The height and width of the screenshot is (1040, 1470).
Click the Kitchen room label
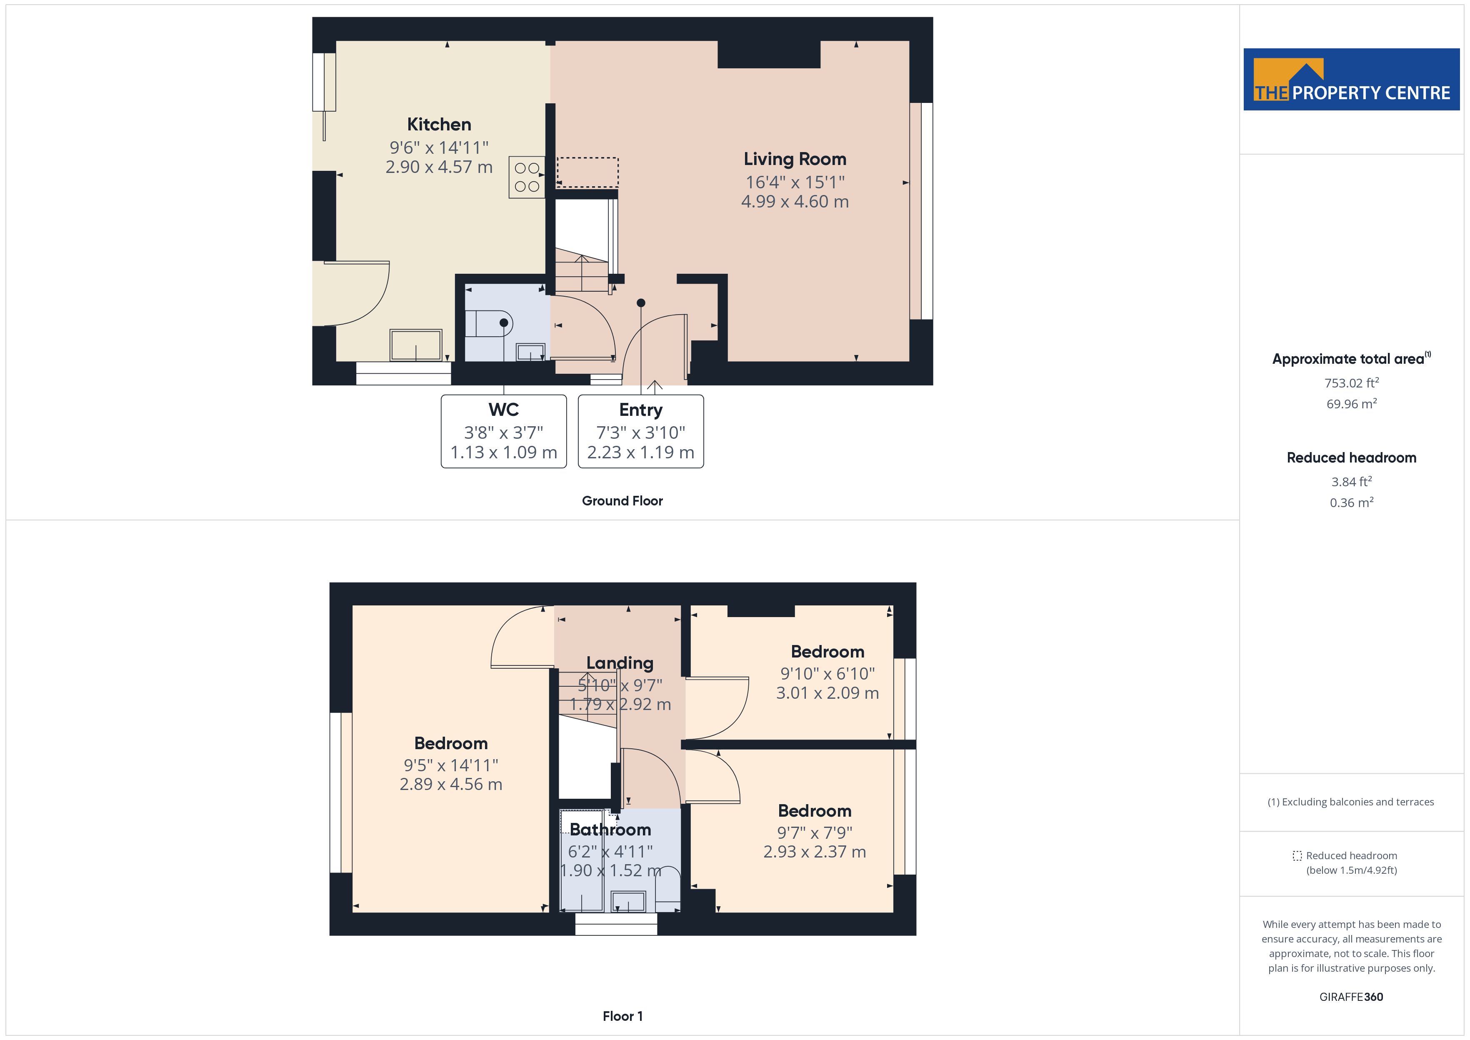coord(439,124)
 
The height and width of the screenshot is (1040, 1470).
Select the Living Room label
coord(795,159)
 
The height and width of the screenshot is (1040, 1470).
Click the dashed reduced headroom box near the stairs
coord(587,172)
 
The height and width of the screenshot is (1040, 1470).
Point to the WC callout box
coord(503,431)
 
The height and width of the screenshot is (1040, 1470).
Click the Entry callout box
coord(640,431)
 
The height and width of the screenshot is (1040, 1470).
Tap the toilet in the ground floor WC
coord(490,323)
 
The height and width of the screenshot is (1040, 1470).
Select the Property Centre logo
coord(1351,80)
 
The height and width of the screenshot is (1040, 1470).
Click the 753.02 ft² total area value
coord(1351,383)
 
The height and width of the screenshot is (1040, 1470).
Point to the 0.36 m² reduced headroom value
coord(1351,503)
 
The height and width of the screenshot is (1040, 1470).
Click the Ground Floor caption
coord(622,501)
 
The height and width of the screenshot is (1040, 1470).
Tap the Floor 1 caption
coord(622,1016)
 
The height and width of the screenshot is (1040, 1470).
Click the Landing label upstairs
coord(619,663)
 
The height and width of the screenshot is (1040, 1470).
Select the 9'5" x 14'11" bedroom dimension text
coord(451,765)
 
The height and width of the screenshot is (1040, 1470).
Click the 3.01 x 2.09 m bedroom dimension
coord(827,693)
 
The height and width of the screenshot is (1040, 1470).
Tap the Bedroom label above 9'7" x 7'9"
coord(815,811)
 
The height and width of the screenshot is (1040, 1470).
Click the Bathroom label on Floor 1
coord(610,829)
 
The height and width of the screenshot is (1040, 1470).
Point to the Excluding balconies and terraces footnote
coord(1351,802)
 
